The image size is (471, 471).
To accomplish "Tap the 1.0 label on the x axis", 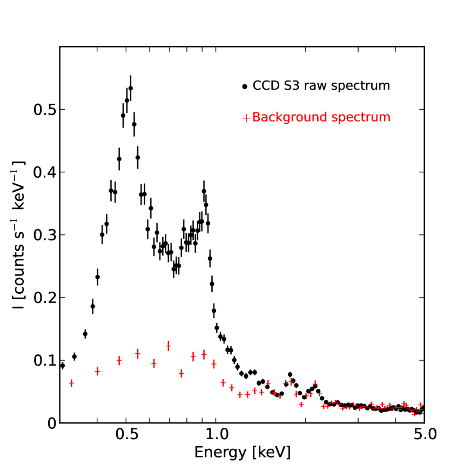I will click(x=216, y=435).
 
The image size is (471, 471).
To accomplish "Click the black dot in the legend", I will click(x=246, y=86).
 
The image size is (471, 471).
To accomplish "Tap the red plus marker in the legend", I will click(x=246, y=118).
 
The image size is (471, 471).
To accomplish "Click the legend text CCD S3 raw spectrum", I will click(x=321, y=85).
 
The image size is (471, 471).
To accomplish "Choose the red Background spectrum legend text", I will click(x=321, y=117).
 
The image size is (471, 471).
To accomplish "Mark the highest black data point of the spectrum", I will click(x=130, y=88).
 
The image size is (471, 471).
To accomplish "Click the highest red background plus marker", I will click(x=169, y=345).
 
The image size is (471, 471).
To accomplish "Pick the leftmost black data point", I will click(x=62, y=366).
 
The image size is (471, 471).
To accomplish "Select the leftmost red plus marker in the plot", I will click(x=71, y=383).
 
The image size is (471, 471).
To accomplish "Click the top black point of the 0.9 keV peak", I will click(x=204, y=191).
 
